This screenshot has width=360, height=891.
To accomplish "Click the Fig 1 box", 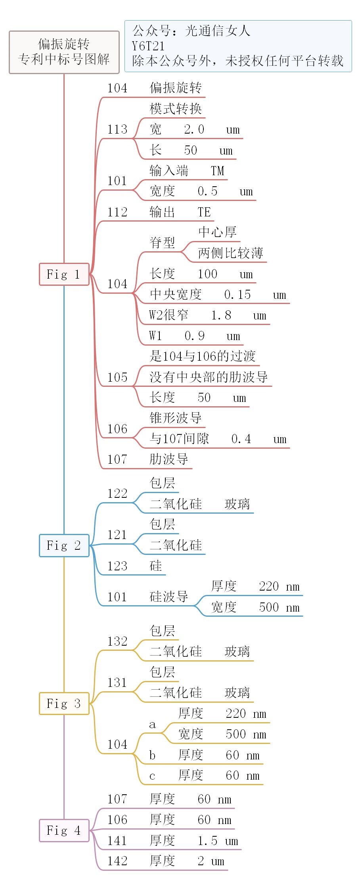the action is pos(64,274).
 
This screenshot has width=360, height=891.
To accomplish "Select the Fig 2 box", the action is pos(64,545).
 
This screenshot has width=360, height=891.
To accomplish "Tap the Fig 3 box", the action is pos(64,704).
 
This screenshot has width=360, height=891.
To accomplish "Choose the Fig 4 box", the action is pos(64,830).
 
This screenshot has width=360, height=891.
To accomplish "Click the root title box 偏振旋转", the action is pos(64,52).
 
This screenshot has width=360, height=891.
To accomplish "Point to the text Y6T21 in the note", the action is pos(148,46).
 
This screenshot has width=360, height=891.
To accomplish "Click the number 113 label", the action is pos(117,129).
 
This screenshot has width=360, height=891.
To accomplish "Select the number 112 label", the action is pos(117,212).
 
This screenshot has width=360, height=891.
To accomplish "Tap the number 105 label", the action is pos(117,377).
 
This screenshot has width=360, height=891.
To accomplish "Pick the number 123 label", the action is pos(117,566).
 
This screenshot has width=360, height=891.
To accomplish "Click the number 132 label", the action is pos(117,641).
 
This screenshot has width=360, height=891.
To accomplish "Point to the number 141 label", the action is pos(117,841).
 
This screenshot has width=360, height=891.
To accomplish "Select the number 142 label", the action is pos(117,861).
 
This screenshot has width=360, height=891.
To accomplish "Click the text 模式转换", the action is pos(176,109).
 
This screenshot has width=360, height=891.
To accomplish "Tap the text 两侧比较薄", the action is pos(231,253).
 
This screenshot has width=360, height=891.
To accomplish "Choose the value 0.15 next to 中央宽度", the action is pos(237,294).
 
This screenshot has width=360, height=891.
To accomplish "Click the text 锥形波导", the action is pos(176,418).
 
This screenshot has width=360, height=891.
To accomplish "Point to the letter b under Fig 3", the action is pos(152,755).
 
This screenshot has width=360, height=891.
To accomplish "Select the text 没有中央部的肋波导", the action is pos(209,377).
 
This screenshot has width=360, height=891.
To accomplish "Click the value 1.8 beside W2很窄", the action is pos(221,315).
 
